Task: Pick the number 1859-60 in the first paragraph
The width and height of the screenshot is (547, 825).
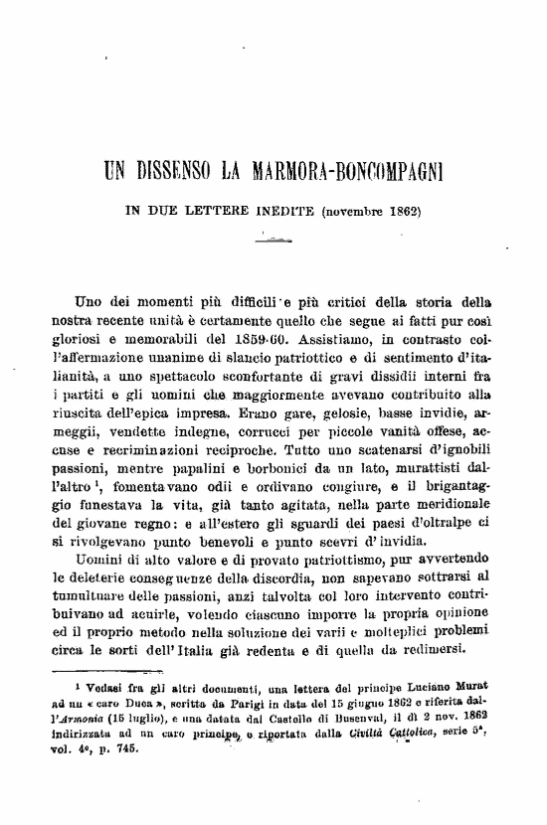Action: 281,331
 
